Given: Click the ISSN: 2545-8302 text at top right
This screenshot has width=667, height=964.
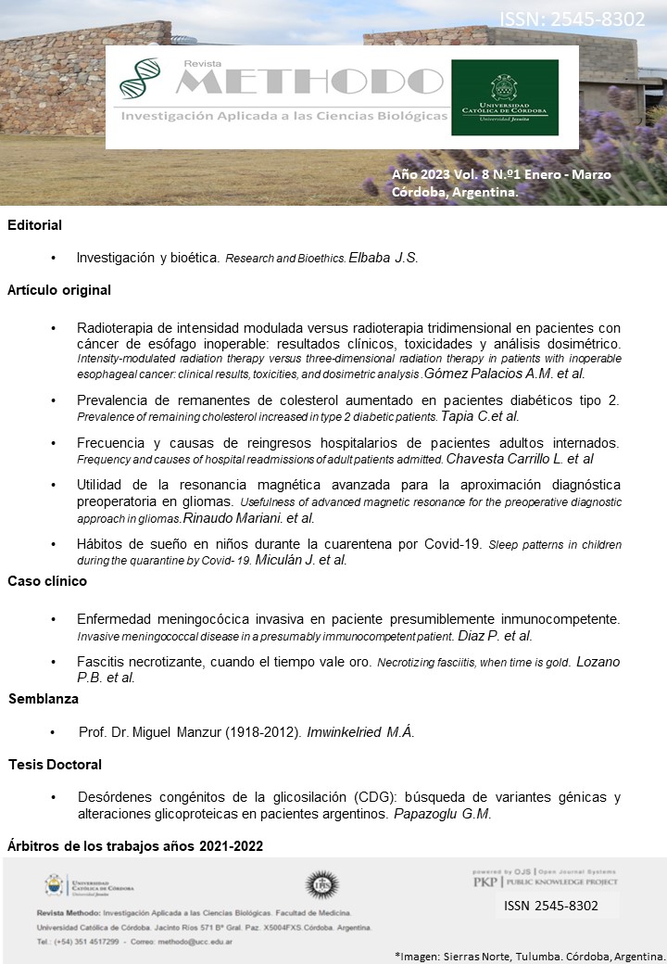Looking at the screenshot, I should point(572,19).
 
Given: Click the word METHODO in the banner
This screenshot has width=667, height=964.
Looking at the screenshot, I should point(309,82).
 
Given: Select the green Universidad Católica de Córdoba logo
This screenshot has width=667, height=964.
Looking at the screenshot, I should point(505,97).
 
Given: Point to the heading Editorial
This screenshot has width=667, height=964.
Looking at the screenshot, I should point(34,225).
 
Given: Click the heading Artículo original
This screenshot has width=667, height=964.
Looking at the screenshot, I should point(59,290).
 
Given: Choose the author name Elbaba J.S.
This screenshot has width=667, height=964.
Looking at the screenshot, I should point(384,259).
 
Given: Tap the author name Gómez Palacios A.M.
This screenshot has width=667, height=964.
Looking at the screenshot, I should point(492,374).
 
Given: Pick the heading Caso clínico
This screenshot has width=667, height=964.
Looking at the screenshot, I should point(47,581).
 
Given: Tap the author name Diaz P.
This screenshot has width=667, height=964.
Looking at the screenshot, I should point(481,636).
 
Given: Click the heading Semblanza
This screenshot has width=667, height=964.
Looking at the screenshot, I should point(44,699).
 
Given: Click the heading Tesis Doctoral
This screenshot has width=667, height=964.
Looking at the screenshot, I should point(55,765).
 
